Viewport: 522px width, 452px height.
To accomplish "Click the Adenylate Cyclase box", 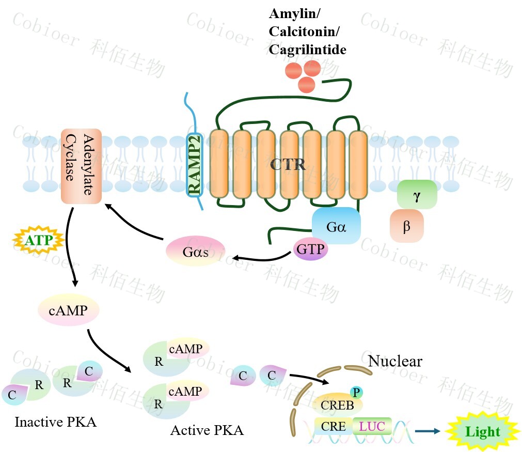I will [81, 166].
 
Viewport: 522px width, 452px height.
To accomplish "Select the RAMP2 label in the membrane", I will [194, 165].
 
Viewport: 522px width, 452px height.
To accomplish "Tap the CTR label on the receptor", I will [288, 165].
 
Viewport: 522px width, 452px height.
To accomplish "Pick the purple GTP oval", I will [310, 250].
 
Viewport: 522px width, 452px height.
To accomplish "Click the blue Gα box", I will [336, 226].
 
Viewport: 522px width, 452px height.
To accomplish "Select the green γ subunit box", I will [417, 195].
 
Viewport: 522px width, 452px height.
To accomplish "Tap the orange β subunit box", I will [407, 226].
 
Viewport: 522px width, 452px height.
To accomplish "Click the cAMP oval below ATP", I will [68, 310].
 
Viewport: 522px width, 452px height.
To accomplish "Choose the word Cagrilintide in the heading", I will [307, 50].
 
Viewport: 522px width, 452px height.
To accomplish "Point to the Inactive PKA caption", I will [56, 422].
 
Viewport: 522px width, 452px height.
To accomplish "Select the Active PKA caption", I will [207, 430].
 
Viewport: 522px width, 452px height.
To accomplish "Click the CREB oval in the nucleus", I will [338, 404].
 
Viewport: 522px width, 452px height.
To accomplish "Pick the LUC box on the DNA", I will [372, 427].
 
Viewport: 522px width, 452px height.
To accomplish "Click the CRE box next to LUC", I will [333, 427].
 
